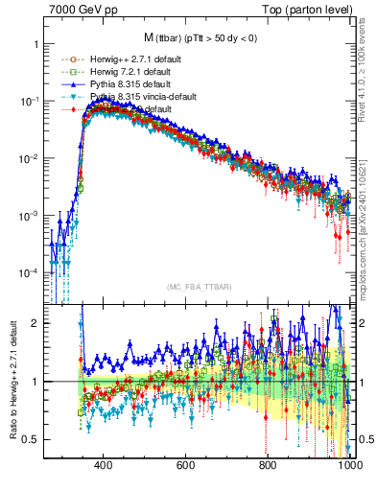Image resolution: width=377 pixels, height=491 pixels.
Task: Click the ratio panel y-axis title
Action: click(x=11, y=382)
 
